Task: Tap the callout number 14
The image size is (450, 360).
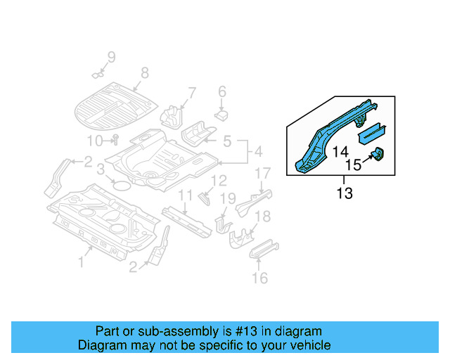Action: (340, 151)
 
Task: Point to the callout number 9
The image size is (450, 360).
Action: (110, 57)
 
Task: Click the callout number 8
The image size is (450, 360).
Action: (145, 72)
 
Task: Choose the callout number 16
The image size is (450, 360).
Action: (259, 278)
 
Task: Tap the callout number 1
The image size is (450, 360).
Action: (81, 262)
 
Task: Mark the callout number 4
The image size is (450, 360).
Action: (258, 152)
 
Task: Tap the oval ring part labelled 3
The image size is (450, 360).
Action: (122, 186)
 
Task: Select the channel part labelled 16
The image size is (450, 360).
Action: (264, 250)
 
